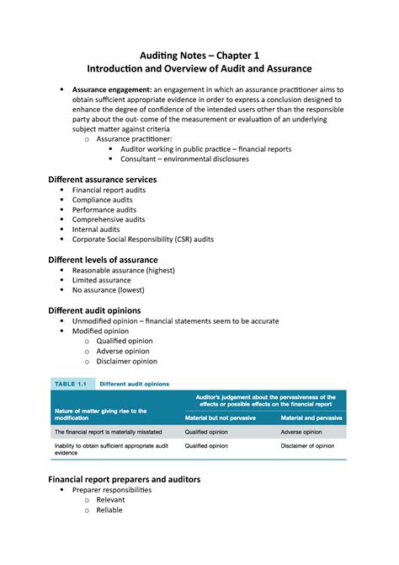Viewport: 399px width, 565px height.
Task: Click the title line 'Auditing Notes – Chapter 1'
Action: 199,52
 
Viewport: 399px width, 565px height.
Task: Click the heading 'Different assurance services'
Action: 103,180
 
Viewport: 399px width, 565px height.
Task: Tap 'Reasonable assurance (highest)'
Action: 123,270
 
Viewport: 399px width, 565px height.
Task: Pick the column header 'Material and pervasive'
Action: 311,417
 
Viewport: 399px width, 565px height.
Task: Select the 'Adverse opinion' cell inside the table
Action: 301,432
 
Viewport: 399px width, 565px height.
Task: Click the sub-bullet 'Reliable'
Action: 109,509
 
